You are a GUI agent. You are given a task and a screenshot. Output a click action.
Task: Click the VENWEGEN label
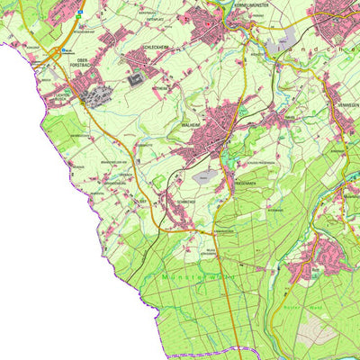tap(345, 105)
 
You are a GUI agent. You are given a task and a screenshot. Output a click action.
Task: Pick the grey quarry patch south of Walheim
tap(207, 177)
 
